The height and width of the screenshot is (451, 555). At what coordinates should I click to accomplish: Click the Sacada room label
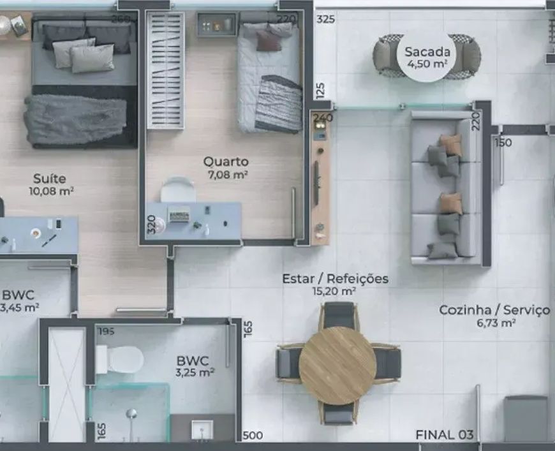(427, 57)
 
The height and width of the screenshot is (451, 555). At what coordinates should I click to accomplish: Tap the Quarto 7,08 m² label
(226, 168)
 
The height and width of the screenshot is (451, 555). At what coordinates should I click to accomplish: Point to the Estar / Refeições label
(335, 279)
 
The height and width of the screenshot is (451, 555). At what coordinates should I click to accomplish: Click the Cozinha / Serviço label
(494, 310)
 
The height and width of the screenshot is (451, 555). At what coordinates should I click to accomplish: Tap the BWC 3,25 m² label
(195, 366)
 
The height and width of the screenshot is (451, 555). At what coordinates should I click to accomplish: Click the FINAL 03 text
(444, 434)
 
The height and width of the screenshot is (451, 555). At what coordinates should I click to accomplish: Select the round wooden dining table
(337, 366)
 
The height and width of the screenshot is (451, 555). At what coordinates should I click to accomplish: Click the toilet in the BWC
(120, 359)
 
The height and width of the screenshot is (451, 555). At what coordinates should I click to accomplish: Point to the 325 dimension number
(325, 19)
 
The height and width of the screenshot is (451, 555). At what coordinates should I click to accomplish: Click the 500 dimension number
(253, 436)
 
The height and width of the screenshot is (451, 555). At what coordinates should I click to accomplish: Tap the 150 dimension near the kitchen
(503, 143)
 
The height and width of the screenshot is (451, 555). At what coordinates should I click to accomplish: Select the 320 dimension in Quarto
(151, 224)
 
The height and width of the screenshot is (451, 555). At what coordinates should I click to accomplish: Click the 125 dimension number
(320, 91)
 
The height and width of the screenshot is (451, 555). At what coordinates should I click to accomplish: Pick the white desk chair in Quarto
(178, 189)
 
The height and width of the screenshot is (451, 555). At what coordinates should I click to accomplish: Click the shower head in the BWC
(131, 413)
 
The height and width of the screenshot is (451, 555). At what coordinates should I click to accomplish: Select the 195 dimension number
(106, 331)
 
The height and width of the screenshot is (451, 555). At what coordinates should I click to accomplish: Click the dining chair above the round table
(339, 314)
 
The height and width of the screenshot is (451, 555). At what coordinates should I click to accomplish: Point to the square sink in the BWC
(202, 429)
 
